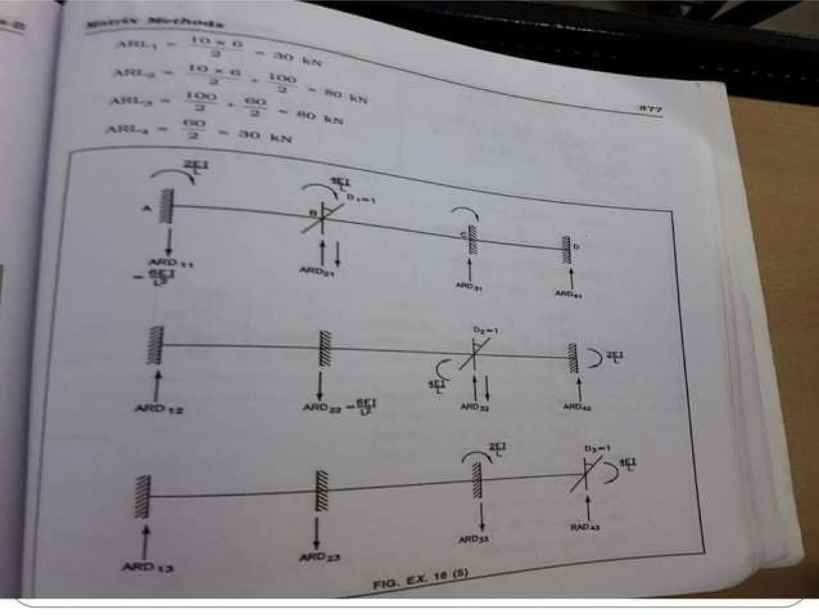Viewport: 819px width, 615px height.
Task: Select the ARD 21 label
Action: coord(317,271)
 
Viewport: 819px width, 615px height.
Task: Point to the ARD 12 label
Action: coord(158,409)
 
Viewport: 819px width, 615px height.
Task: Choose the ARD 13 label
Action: coord(147,567)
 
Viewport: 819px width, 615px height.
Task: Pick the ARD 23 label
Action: coord(320,557)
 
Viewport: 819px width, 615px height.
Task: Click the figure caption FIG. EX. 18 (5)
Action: coord(420,579)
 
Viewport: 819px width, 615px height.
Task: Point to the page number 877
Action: coord(650,109)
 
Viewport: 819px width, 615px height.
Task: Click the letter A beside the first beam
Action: coord(146,208)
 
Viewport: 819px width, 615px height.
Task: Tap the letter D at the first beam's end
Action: coord(576,247)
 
